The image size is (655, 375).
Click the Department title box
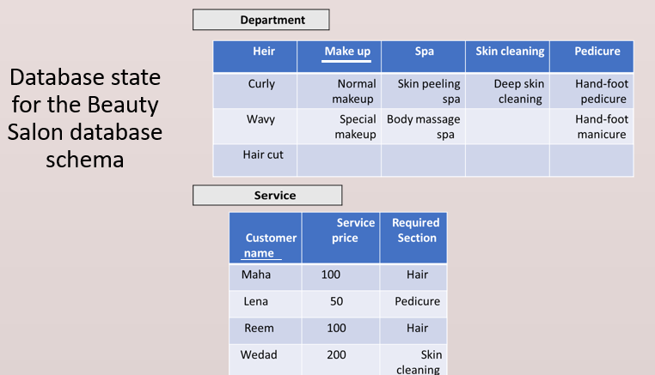point(260,20)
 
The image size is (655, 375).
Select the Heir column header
point(255,57)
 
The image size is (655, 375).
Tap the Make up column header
point(340,57)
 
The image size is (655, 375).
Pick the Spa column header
point(423,57)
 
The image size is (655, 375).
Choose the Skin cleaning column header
point(507,57)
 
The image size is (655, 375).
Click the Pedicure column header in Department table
point(591,57)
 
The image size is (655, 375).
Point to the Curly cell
point(255,91)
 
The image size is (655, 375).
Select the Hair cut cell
point(255,160)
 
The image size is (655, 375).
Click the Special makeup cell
point(340,127)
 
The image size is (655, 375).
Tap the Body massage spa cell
point(423,127)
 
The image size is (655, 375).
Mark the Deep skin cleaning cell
point(507,91)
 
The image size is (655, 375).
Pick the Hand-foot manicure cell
point(591,127)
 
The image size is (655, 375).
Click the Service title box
point(267,195)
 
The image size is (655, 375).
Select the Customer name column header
point(266,238)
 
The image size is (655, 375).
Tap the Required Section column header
point(413,238)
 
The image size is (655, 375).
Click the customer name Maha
point(256,275)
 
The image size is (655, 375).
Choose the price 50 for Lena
point(337,301)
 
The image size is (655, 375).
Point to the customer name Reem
point(259,328)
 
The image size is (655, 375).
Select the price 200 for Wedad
point(336,354)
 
